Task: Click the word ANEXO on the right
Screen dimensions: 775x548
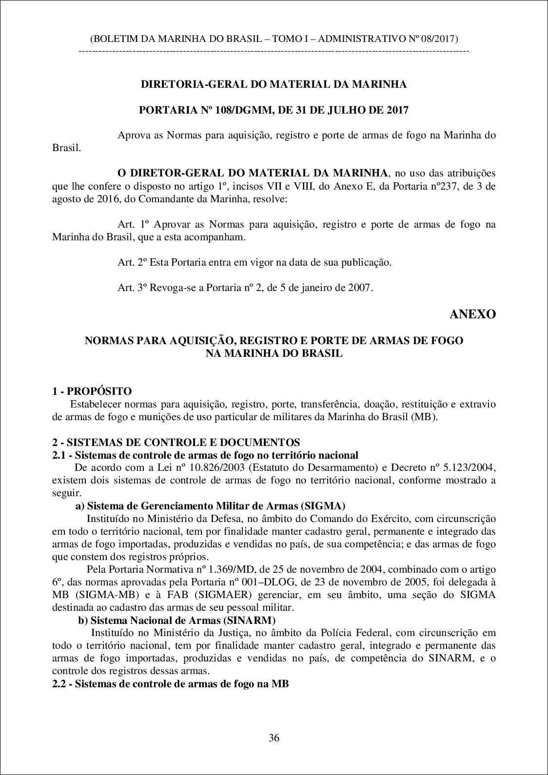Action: tap(472, 314)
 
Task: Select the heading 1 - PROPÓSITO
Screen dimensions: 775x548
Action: tap(92, 391)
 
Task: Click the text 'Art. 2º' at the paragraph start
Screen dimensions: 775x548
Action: tap(133, 262)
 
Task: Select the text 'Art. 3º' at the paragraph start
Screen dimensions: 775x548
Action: tap(133, 288)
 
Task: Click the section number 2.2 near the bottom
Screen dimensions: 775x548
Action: tap(59, 684)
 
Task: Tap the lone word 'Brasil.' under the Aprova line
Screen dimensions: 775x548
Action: tap(66, 148)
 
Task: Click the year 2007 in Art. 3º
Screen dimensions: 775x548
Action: tap(360, 288)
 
